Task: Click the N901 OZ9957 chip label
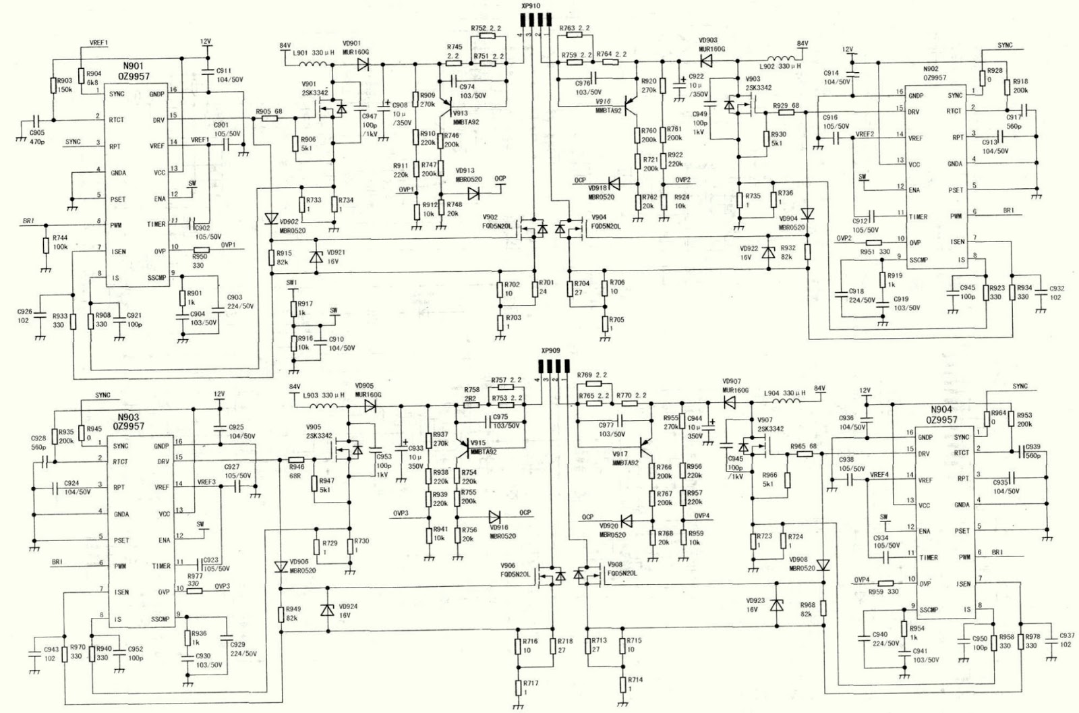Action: click(136, 72)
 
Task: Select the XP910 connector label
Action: click(531, 5)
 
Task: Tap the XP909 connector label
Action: click(550, 351)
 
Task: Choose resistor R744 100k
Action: click(47, 245)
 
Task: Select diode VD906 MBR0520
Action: click(281, 567)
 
